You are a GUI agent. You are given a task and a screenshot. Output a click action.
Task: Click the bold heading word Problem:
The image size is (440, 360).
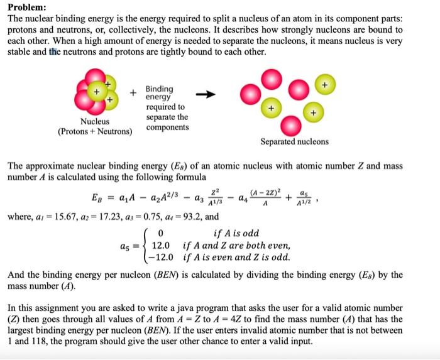[x=26, y=7]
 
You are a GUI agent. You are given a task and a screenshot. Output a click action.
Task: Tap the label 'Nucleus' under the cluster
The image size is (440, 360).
[x=95, y=121]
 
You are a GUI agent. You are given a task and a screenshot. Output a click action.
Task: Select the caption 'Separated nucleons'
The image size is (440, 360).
[x=295, y=141]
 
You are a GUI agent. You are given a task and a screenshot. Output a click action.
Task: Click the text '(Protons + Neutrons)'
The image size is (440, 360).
[x=95, y=132]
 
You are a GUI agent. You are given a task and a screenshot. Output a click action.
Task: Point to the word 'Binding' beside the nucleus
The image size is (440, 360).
[x=160, y=89]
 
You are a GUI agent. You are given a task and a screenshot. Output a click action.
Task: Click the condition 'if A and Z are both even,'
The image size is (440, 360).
[x=236, y=246]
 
